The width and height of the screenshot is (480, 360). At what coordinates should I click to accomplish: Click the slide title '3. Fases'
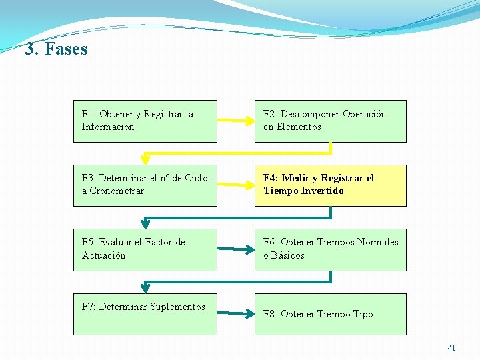coord(56,49)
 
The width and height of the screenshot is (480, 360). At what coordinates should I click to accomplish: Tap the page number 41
coord(451,347)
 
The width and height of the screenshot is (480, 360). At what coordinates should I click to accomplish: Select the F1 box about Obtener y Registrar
coord(145,121)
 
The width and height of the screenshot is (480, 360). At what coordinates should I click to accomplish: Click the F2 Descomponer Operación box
coord(330,121)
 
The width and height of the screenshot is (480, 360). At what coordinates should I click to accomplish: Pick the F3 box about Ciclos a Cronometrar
coord(145,185)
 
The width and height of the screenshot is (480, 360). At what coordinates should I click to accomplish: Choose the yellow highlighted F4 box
coord(330,185)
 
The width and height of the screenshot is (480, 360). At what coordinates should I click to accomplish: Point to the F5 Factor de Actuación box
coord(145,249)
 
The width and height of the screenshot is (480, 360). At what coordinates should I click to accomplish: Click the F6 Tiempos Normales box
coord(330,249)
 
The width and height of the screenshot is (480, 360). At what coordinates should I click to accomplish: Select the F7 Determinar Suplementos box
coord(145,314)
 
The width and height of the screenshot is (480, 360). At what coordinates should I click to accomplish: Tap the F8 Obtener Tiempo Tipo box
coord(330,314)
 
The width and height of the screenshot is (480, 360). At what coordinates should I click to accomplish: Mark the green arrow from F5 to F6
coord(236,250)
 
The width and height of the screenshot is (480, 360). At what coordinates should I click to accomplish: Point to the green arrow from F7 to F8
coord(236,311)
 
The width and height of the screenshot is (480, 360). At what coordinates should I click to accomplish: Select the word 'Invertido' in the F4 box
coord(323,191)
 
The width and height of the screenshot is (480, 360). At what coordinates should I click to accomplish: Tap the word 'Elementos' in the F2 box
coord(300,127)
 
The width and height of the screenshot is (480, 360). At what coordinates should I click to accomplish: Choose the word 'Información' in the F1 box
coord(108,127)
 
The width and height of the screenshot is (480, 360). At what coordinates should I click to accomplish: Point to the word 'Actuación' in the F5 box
coord(103,255)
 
